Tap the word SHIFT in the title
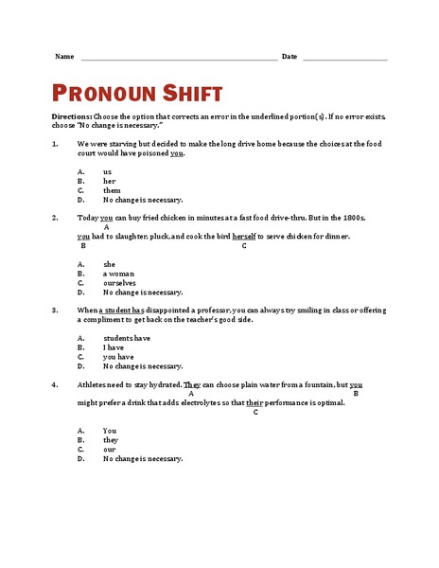click(x=192, y=93)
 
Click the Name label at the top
click(x=64, y=57)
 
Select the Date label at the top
click(x=290, y=57)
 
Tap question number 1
click(x=55, y=144)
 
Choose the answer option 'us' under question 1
click(x=107, y=171)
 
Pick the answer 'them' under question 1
click(x=112, y=190)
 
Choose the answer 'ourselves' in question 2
click(x=119, y=282)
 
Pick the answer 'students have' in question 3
click(x=127, y=337)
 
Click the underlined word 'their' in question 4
click(x=255, y=402)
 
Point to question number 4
click(x=55, y=384)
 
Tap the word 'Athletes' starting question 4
click(x=94, y=384)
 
